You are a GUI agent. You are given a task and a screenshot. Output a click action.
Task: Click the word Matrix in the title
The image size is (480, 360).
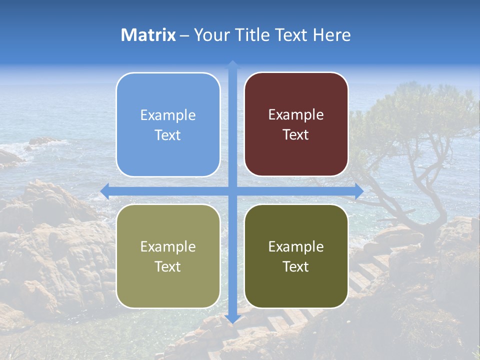point(148,35)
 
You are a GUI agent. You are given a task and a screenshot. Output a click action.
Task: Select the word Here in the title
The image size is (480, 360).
point(332,35)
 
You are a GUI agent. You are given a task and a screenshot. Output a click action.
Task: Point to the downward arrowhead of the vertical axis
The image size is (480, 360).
point(232,318)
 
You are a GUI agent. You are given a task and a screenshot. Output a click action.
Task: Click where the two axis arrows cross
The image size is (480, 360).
point(232,191)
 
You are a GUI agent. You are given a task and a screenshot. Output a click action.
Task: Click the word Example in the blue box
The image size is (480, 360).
point(168,115)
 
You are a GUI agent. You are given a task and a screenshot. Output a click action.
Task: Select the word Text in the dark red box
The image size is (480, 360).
point(296,135)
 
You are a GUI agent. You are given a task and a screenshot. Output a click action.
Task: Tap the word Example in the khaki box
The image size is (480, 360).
point(168,247)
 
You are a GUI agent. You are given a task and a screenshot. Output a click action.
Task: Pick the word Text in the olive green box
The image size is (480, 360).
point(296,267)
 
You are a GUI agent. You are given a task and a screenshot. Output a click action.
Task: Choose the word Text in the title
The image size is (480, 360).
point(290,35)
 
